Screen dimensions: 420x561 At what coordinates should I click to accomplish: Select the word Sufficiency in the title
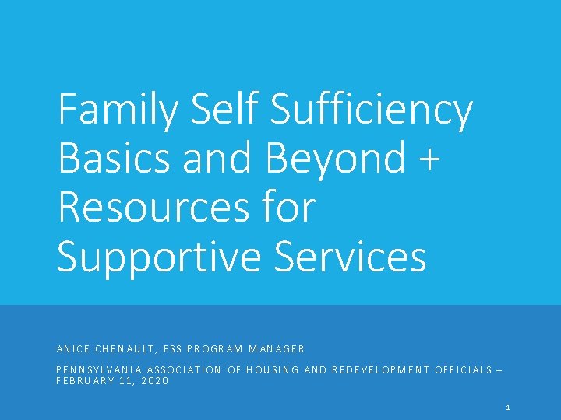372,111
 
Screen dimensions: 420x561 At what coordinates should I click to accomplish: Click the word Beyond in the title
336,159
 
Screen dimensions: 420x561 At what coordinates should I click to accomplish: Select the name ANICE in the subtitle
75,349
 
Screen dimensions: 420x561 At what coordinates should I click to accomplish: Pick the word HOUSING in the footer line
273,370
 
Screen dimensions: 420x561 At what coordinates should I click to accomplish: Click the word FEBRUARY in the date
85,381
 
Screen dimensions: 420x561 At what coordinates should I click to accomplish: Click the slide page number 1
507,408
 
